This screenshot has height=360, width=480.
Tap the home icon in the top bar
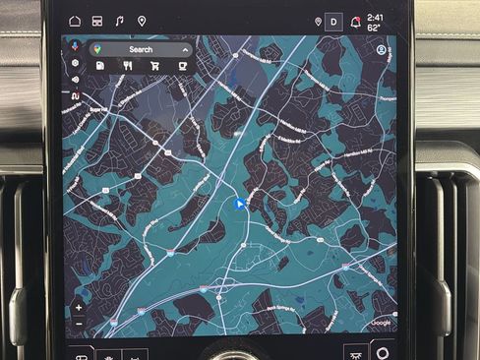(75, 20)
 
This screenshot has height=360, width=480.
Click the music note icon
(119, 20)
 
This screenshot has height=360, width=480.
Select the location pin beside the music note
(142, 20)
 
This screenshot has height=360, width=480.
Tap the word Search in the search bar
(141, 49)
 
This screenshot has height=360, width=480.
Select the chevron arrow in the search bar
(184, 49)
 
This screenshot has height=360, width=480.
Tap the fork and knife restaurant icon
(128, 66)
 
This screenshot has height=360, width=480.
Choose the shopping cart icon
(155, 66)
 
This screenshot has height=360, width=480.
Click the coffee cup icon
(182, 66)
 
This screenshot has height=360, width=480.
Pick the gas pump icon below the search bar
(101, 66)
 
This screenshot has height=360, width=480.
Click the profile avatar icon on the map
(382, 49)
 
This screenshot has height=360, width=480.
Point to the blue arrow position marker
(239, 205)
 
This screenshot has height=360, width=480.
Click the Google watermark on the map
(381, 323)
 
